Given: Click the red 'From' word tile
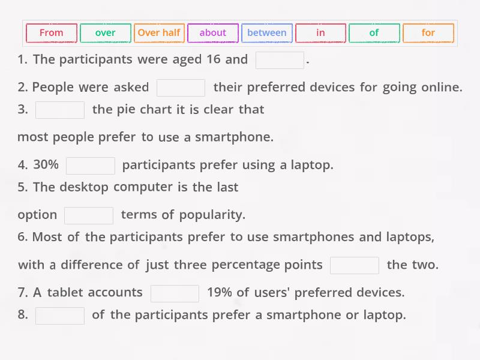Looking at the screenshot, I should [x=52, y=33].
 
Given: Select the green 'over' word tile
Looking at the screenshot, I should [x=105, y=33].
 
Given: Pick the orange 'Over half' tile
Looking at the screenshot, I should [x=159, y=33].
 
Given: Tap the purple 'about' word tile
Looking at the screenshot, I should [x=213, y=33].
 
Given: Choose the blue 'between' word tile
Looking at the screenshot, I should [x=267, y=33].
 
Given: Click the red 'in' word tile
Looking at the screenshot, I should [x=320, y=33].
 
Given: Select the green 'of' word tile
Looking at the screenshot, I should [x=374, y=33].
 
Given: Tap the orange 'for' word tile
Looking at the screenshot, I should [x=428, y=33].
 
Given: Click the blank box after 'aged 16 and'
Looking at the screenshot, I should [x=280, y=60].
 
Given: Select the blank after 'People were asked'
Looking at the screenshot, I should [x=181, y=88].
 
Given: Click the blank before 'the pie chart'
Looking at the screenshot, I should [x=60, y=110].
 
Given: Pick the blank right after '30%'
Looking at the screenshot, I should [x=91, y=165].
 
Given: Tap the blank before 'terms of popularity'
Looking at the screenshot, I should [x=89, y=215].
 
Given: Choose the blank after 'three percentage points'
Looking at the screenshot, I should [x=355, y=265].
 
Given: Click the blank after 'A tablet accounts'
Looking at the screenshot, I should [x=175, y=293].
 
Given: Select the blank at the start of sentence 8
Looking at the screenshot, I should [x=60, y=315].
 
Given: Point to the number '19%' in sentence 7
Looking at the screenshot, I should [x=219, y=292].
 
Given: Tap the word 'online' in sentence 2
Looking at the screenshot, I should [x=440, y=87].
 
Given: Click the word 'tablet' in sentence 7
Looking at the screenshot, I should [x=65, y=292].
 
